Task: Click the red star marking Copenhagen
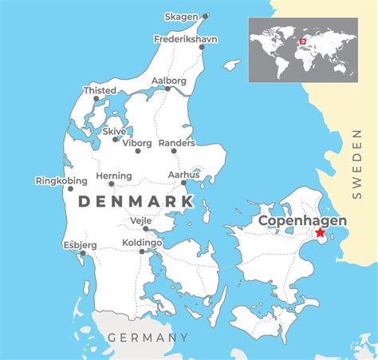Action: coord(321,232)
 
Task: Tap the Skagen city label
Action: coord(182,16)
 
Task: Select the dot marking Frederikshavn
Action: coord(202,47)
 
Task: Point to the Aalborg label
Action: coord(169,81)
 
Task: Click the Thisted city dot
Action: coord(96,100)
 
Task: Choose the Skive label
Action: coord(114,131)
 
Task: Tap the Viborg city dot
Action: coord(137,151)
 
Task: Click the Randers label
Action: coord(176,143)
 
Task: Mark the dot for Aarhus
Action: coord(184,183)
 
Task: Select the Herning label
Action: coord(113,176)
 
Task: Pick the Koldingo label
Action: coord(143,242)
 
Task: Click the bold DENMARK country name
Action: coord(136,201)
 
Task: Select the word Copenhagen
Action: coord(301,220)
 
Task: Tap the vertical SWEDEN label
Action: coord(356,163)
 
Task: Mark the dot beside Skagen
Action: coord(205,16)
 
